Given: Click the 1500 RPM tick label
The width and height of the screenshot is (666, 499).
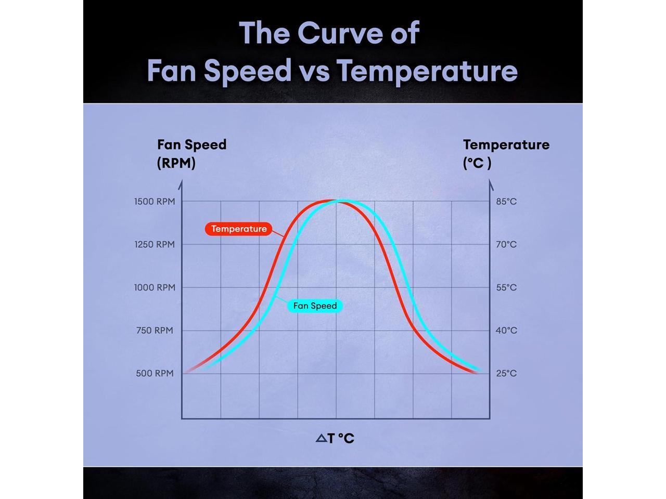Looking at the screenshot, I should point(155,202).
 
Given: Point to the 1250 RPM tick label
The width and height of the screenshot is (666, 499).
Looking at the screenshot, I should point(155,244).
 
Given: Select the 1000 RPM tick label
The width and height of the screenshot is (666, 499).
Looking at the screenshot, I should point(155,287).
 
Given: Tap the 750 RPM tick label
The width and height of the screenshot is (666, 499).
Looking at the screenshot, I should point(155,331).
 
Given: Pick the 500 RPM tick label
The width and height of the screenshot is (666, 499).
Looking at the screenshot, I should point(155,373).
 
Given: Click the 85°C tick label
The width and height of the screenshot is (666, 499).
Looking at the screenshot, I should point(506,202).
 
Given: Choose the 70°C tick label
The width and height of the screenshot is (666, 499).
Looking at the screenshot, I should point(506,244).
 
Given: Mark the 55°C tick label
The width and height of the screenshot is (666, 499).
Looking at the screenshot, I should point(506,287).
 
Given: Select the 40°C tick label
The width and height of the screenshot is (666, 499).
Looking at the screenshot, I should point(506,331).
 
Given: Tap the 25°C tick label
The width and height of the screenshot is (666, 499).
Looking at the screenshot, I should point(506,373).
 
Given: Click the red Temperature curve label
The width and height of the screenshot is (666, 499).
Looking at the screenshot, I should point(239,229).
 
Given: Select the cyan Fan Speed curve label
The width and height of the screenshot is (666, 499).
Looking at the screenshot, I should point(315,306).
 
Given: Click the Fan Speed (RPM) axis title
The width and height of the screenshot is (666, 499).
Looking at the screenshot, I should point(191,154).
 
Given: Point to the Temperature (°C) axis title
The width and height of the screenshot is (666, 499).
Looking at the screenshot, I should point(506,154).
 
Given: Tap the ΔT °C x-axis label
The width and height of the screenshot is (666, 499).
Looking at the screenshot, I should point(335,439).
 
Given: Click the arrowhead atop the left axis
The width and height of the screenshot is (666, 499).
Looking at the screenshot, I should point(181,184).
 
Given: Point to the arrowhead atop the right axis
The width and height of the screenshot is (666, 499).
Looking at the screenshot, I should point(490,184).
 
